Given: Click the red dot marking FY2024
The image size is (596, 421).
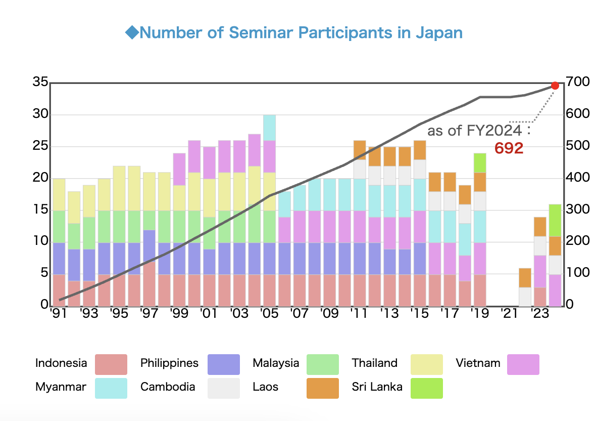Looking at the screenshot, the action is coord(555,86).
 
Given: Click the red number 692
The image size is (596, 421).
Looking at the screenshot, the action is coord(509,148).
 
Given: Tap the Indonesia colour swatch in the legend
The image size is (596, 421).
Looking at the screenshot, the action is coord(111,364).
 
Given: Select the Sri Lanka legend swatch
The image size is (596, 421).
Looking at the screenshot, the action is coord(426,388).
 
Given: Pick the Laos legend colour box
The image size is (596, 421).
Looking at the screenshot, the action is coord(323,388).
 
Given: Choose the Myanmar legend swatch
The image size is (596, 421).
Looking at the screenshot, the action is coord(111,388).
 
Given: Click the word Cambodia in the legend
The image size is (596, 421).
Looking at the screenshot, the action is coord(168,387).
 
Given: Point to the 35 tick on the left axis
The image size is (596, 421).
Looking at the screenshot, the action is coord(40,82).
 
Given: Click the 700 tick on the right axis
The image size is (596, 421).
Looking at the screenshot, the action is coord(578,81).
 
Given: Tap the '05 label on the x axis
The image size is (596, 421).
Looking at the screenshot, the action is coord(270,313).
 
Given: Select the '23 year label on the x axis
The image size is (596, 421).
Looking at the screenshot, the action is coord(540,313).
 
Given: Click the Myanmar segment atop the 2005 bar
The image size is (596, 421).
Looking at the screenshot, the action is coord(270,128).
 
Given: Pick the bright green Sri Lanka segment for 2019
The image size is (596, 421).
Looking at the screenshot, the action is coord(480,163).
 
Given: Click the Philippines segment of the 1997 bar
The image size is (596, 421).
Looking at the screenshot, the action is coord(150,246).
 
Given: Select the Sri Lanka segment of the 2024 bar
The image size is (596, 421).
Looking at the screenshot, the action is coord(555,246).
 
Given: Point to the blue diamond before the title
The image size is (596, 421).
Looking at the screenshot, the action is coord(132,33).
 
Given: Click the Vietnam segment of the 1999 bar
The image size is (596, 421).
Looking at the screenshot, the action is coord(179,170).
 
